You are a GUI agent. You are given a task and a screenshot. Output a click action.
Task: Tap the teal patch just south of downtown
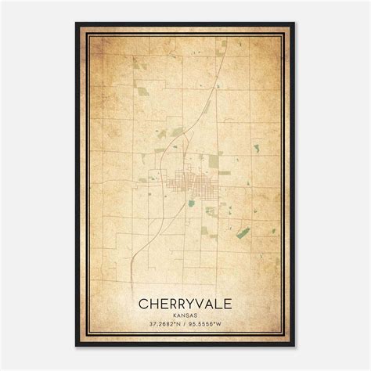point(191,203)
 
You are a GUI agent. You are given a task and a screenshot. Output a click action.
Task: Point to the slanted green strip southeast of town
point(243,232)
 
